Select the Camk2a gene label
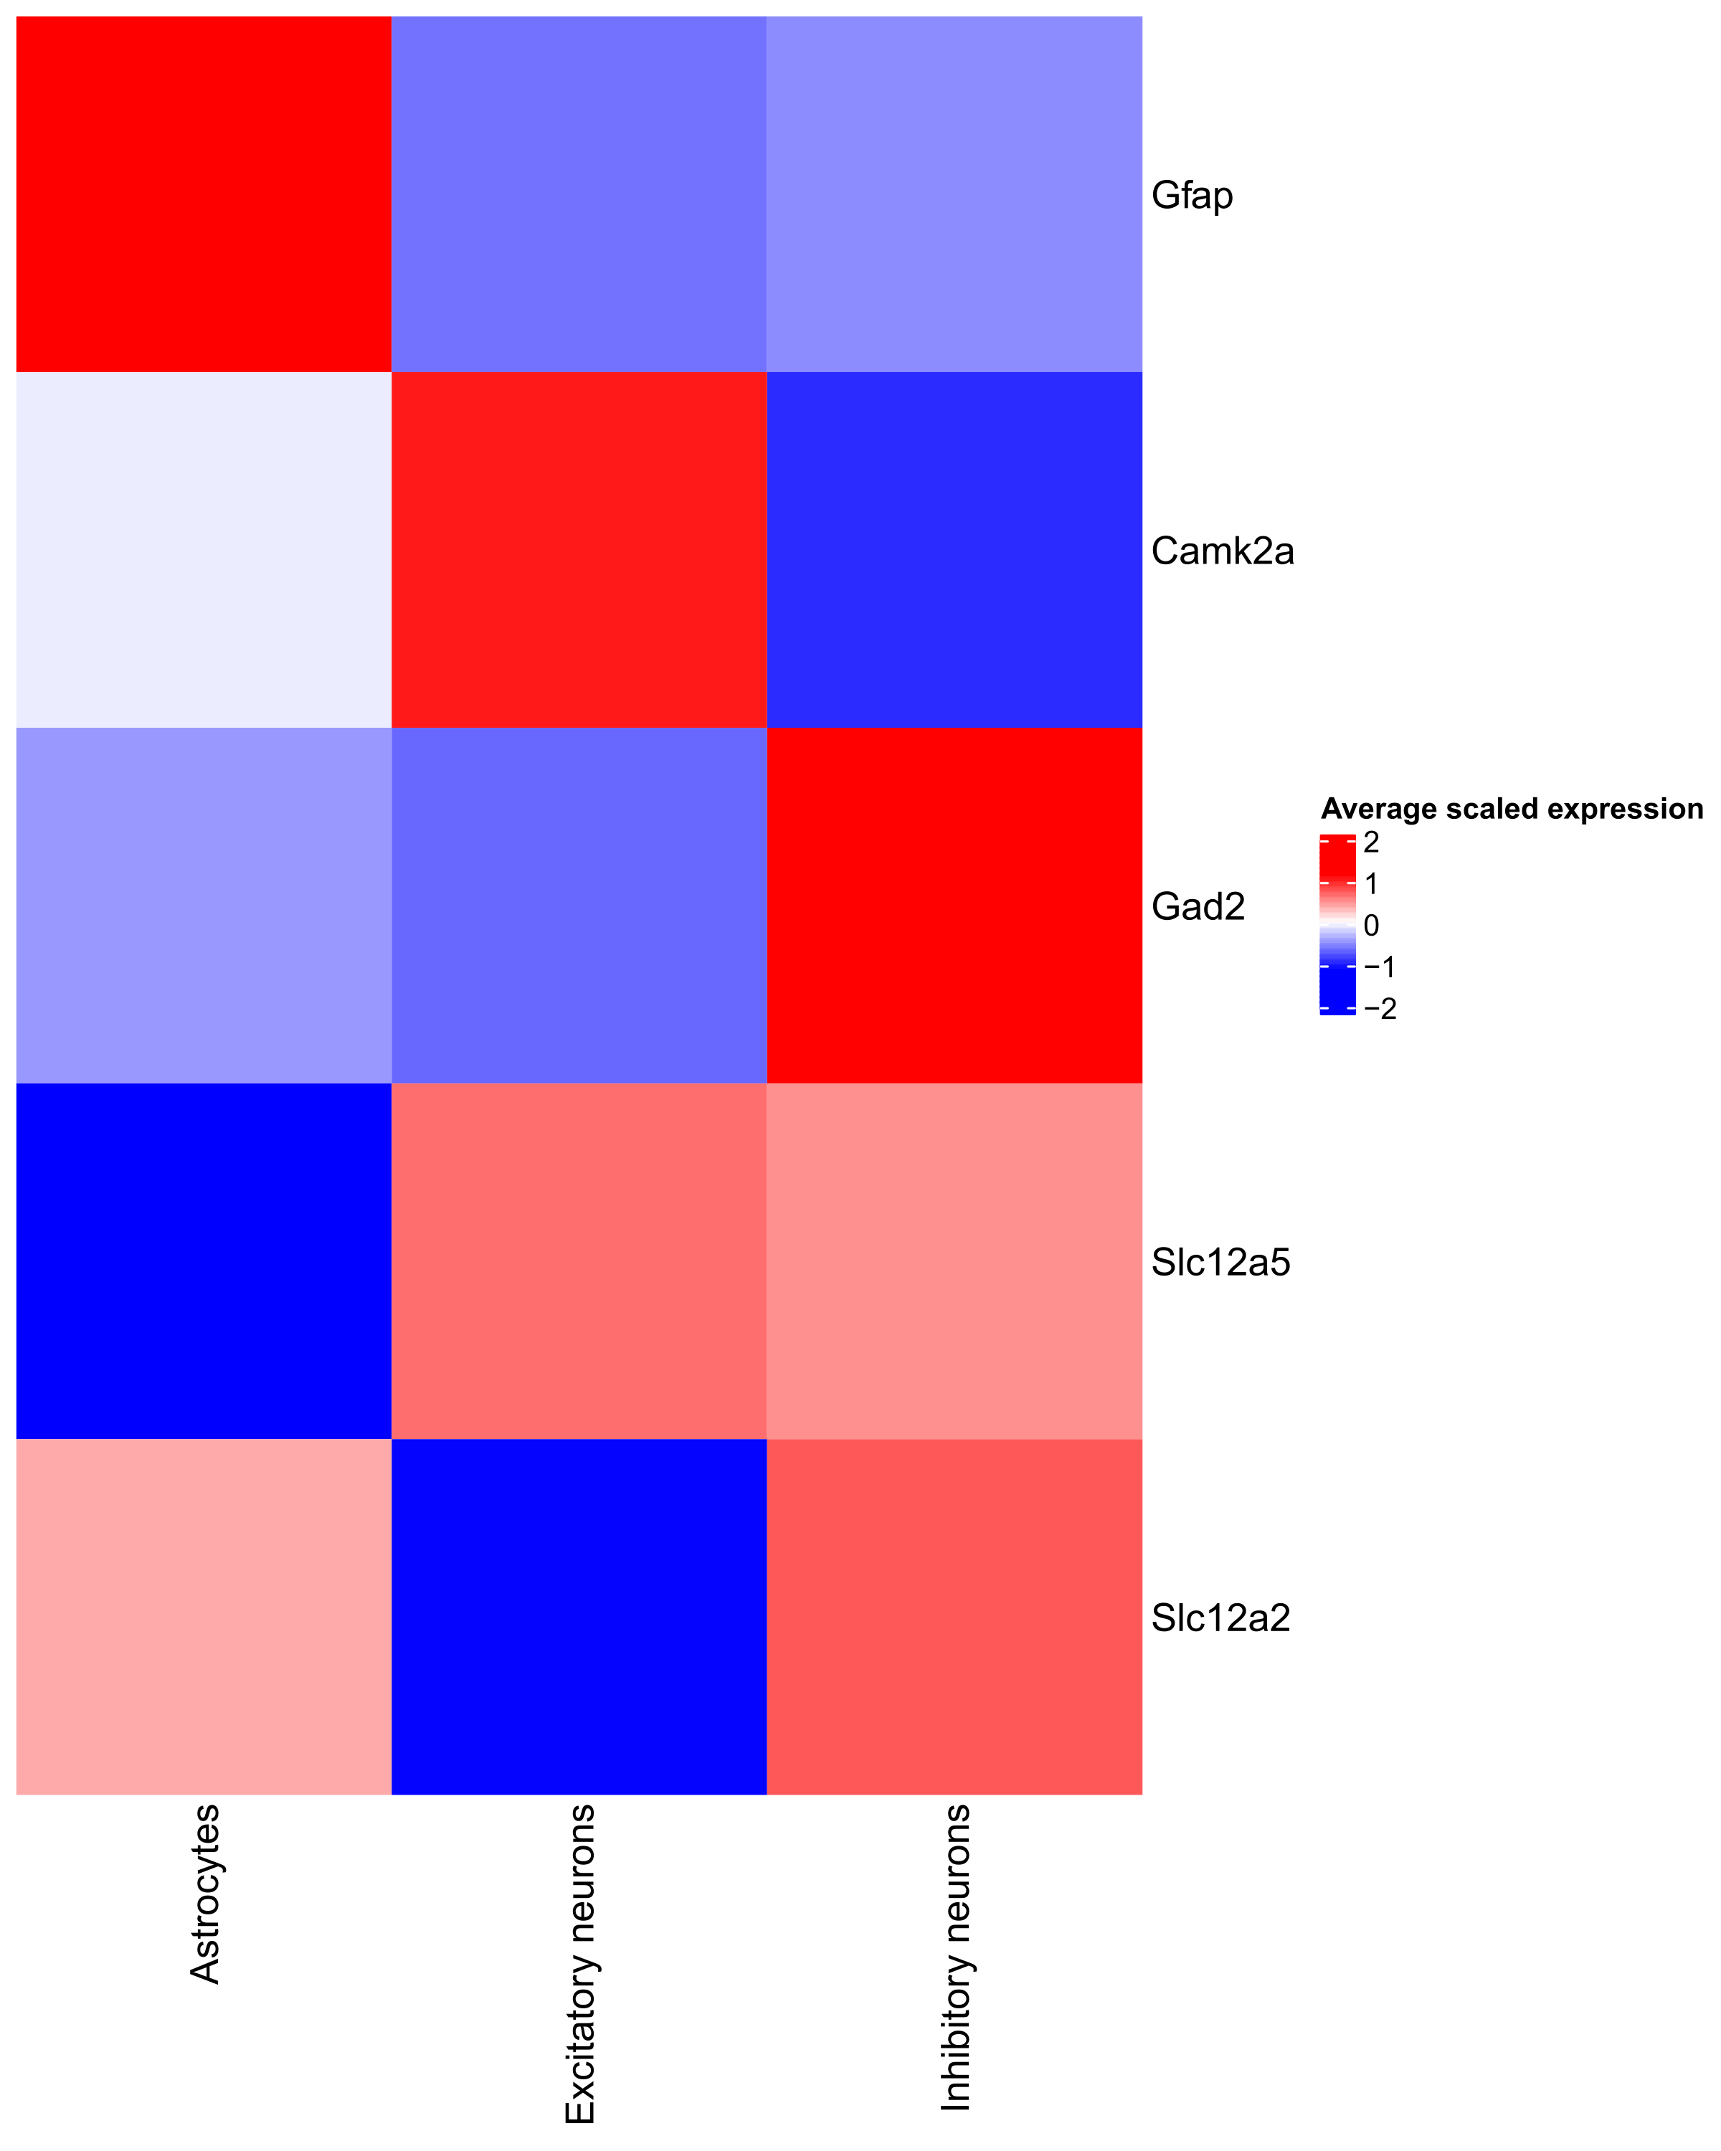click(x=1221, y=551)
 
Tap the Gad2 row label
click(x=1198, y=906)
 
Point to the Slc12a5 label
click(x=1220, y=1262)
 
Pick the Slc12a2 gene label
click(x=1220, y=1618)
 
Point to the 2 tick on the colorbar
click(x=1371, y=842)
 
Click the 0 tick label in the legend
click(x=1371, y=926)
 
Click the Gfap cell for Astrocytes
click(x=204, y=194)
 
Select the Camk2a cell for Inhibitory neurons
click(x=954, y=550)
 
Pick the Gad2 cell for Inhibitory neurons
click(x=954, y=905)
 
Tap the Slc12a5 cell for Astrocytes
click(x=204, y=1261)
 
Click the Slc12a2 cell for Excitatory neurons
click(x=579, y=1616)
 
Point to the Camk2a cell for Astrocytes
click(x=204, y=550)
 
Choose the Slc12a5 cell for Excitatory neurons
click(x=579, y=1261)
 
